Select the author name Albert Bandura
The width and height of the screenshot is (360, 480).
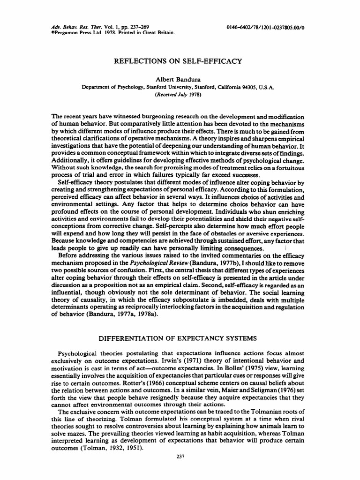pyautogui.click(x=180, y=80)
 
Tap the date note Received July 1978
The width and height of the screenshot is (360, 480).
pyautogui.click(x=180, y=94)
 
